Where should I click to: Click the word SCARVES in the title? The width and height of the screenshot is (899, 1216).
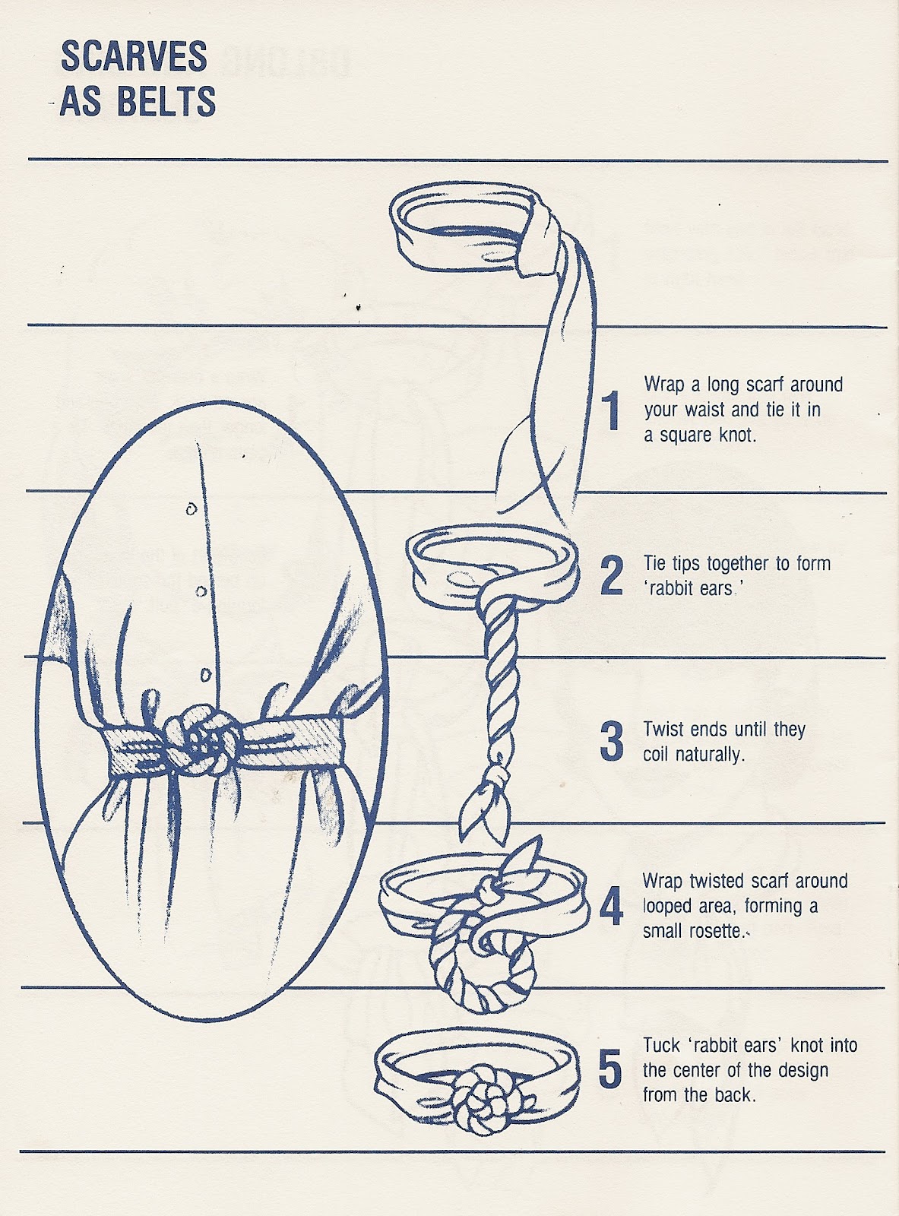pyautogui.click(x=134, y=58)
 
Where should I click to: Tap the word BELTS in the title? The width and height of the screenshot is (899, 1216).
pyautogui.click(x=166, y=102)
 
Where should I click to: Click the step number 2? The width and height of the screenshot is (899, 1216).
pyautogui.click(x=612, y=575)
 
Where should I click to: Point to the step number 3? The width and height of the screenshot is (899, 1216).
pyautogui.click(x=612, y=741)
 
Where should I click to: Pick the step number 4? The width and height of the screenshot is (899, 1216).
pyautogui.click(x=612, y=906)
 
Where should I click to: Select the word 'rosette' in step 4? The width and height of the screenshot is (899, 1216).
pyautogui.click(x=714, y=930)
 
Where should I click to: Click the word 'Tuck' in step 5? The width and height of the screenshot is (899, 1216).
pyautogui.click(x=661, y=1045)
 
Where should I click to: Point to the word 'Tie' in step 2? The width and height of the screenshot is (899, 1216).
pyautogui.click(x=655, y=563)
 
